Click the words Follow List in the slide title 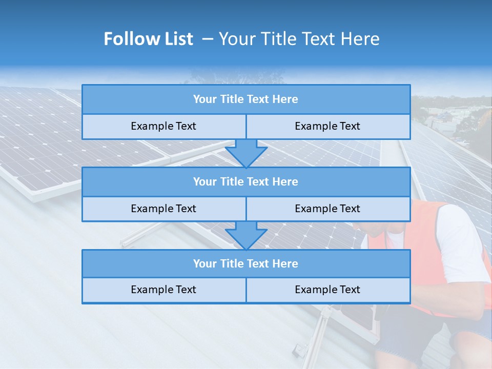tap(149, 39)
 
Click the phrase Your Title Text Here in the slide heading tap(299, 39)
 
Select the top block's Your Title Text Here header tap(245, 99)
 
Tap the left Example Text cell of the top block tap(163, 126)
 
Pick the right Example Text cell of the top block tap(327, 126)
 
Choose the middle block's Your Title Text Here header tap(245, 181)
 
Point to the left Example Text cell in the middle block tap(163, 209)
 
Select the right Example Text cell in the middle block tap(327, 209)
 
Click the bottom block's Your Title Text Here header tap(245, 263)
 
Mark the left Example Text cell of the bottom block tap(163, 290)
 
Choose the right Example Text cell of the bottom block tap(327, 290)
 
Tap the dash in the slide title tap(208, 39)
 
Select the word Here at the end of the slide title tap(361, 39)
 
